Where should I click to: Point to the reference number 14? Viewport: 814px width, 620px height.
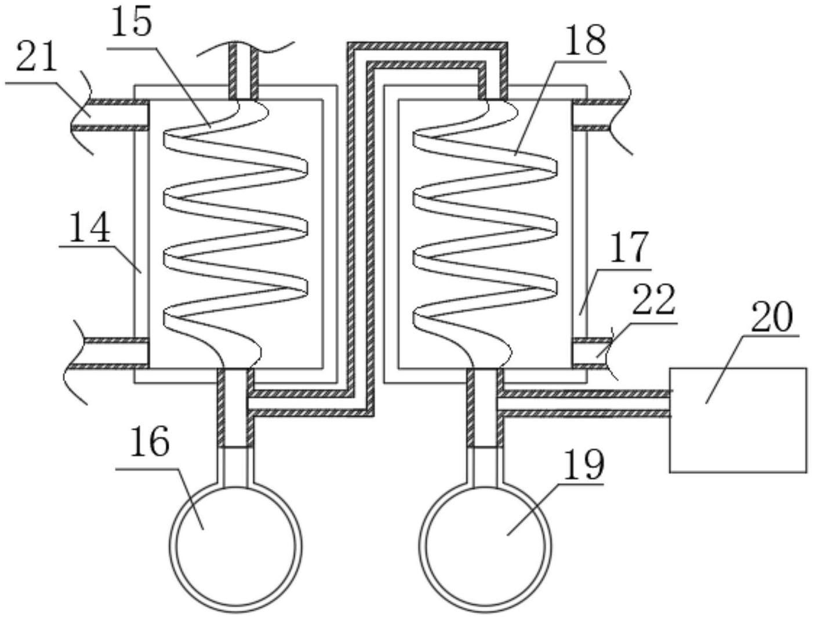[89, 227]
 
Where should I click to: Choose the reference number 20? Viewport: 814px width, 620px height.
[772, 316]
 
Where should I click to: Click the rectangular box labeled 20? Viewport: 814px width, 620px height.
[738, 420]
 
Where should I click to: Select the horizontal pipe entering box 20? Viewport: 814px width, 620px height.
[586, 403]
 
